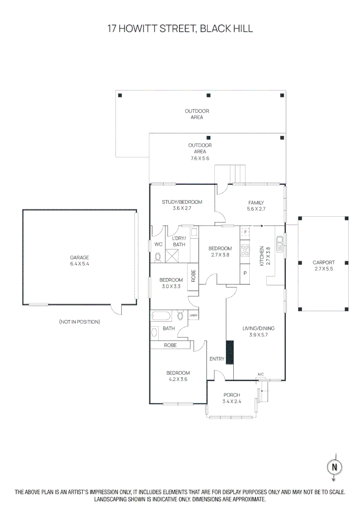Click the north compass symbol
334,467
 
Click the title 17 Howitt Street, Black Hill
180,29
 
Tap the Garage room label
80,258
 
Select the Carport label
324,263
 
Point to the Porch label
231,395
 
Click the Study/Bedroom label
182,202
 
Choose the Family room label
256,203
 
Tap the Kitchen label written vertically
262,256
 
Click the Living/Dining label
258,328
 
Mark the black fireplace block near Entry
229,352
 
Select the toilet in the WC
158,257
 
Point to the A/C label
261,374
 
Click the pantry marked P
245,273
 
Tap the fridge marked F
245,232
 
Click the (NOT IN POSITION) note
80,322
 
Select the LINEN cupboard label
193,315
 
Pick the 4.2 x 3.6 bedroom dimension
178,379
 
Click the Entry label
217,359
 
